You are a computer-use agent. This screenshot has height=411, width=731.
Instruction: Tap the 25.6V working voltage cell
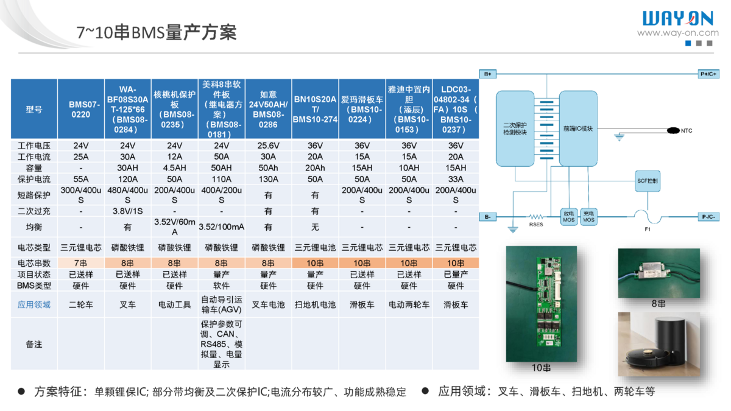click(x=268, y=146)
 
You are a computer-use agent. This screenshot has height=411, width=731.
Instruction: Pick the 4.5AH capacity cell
click(x=174, y=168)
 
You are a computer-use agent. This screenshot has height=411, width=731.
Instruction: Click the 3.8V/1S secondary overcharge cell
click(x=127, y=211)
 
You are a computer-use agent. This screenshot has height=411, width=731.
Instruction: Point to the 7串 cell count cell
click(x=80, y=263)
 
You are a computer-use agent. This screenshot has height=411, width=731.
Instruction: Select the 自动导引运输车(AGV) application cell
click(x=221, y=304)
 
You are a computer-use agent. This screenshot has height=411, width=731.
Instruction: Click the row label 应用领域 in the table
click(x=34, y=304)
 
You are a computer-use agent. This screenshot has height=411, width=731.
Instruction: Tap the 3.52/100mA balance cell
click(x=221, y=227)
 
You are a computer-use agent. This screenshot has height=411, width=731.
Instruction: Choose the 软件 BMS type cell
click(x=221, y=286)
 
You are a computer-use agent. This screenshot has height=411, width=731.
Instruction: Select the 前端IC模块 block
click(x=578, y=128)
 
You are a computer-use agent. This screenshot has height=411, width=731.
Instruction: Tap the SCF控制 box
click(x=647, y=181)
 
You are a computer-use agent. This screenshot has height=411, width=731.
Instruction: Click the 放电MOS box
click(x=568, y=217)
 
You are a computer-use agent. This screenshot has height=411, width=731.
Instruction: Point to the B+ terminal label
click(x=488, y=74)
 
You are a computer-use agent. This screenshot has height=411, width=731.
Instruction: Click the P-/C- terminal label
click(x=708, y=217)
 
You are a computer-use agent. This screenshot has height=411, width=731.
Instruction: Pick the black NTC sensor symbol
click(x=673, y=130)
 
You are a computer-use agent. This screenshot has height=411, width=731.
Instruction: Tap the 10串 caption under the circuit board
click(x=541, y=368)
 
